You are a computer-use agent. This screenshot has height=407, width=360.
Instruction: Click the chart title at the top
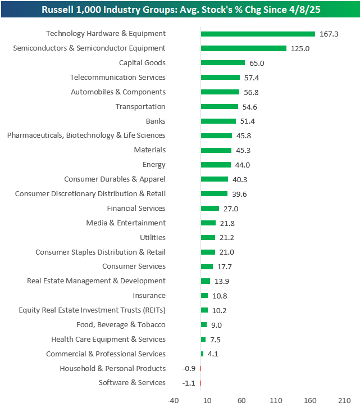tap(180, 10)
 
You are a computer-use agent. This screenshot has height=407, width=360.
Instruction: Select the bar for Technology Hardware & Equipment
tap(258, 34)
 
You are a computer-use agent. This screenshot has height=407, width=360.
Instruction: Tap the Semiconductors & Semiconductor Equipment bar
tap(243, 48)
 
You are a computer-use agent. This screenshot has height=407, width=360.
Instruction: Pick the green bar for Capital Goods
tap(222, 63)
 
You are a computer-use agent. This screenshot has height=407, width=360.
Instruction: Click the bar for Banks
tap(218, 121)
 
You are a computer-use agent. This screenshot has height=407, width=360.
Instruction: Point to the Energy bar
tap(216, 165)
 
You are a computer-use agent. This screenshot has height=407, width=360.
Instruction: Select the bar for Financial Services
tap(209, 208)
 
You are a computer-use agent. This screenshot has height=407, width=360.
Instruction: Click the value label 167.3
tap(329, 34)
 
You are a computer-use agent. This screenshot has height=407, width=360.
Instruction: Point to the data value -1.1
tap(189, 383)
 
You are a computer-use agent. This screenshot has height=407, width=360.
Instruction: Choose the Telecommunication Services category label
tap(118, 78)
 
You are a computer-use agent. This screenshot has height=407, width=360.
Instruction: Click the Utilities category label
tap(152, 237)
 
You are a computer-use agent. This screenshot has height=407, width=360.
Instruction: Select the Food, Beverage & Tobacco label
tap(121, 324)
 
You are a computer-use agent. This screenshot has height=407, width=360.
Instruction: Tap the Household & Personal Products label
tap(113, 368)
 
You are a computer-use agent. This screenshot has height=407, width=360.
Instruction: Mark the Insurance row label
tap(149, 296)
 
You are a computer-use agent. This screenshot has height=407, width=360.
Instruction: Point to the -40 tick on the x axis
tap(173, 400)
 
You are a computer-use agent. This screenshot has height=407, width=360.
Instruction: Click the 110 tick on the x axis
tap(276, 400)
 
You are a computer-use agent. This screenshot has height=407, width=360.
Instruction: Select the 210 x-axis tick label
tap(344, 400)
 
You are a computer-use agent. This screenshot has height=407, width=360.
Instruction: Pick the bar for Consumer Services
tap(207, 266)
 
